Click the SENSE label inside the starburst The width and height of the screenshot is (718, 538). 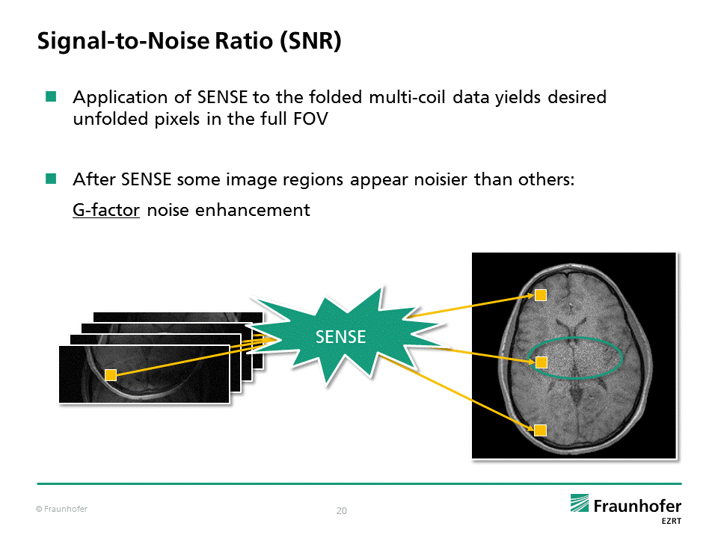click(x=340, y=337)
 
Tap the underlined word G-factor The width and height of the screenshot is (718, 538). click(x=106, y=210)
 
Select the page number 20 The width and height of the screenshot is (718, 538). click(x=342, y=511)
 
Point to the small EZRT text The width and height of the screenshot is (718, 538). click(x=670, y=521)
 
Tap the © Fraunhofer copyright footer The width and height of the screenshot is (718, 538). click(x=62, y=510)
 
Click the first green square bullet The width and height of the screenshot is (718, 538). click(x=51, y=96)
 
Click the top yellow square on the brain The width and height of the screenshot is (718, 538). click(x=540, y=295)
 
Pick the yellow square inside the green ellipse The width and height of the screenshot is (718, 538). click(x=541, y=362)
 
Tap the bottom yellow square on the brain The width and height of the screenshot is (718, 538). click(x=540, y=429)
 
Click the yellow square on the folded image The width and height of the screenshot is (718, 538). click(x=111, y=375)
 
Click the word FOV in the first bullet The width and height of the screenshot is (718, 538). click(x=310, y=119)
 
